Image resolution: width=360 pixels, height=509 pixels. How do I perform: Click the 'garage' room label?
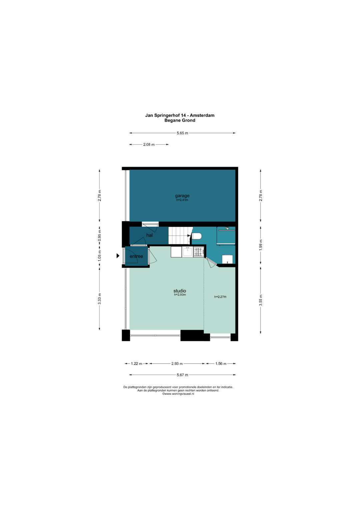coord(182,196)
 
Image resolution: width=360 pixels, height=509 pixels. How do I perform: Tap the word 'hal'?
coord(149,235)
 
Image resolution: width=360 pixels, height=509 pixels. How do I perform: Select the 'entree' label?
coord(136,256)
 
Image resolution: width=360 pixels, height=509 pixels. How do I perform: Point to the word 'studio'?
coord(180,291)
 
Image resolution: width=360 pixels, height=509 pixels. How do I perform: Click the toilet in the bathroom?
coord(196,236)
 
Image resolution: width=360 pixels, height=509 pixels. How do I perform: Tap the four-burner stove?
coord(199,252)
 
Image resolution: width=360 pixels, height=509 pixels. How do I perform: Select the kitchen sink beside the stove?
coord(187,252)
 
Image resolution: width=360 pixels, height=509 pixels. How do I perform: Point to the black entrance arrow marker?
coord(118,256)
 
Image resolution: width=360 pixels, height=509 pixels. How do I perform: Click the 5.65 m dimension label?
coord(182,133)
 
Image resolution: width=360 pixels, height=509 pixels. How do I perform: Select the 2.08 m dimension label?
coord(149,145)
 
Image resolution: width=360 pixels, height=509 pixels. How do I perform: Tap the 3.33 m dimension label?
coord(99,299)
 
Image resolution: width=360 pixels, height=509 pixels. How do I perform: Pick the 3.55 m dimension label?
coord(261,300)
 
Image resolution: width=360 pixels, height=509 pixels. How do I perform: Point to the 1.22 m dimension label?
coord(136,364)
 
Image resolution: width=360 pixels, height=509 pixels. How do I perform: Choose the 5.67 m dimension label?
coord(182,375)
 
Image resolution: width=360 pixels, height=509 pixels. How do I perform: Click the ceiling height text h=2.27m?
coord(220,297)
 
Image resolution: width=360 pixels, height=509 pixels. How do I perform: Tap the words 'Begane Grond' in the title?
coord(180,120)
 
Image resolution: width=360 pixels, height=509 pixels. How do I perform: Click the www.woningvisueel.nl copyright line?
coord(178,394)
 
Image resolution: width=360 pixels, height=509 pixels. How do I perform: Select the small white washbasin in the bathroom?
coord(227,259)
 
